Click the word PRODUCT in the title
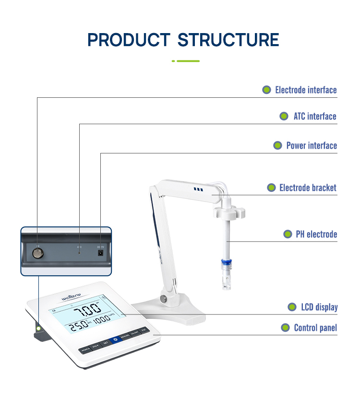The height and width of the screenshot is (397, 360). [129, 39]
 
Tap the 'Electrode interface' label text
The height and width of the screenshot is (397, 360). [306, 90]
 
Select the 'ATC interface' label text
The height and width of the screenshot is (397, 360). [315, 117]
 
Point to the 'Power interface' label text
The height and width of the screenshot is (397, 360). [312, 146]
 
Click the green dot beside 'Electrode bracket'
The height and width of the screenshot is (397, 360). [271, 188]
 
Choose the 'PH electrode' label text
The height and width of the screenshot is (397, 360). [316, 234]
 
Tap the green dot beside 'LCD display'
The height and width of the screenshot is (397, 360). [292, 307]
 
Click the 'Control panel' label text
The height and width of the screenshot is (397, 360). [315, 328]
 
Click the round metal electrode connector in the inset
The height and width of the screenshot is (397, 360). [36, 252]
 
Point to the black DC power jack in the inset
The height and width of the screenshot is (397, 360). [101, 253]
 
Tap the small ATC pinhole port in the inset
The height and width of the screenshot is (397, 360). [79, 252]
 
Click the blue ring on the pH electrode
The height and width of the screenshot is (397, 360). [225, 263]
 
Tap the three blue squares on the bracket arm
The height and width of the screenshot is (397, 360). [198, 190]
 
